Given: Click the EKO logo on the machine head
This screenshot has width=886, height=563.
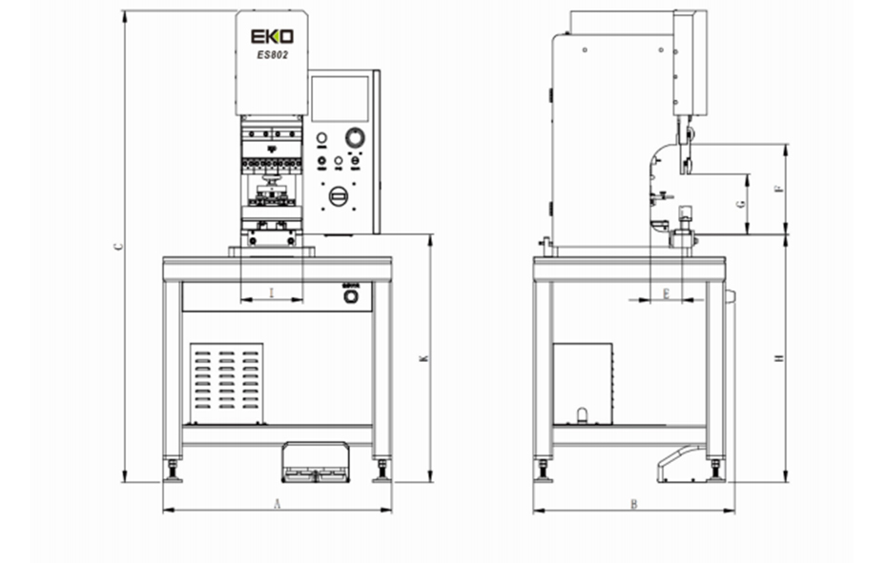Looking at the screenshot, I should pos(272,36).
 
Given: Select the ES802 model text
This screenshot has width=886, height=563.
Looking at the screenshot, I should pos(272,55).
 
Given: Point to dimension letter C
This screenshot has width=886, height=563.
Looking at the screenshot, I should pos(117,245).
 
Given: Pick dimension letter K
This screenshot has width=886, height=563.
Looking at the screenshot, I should pos(422,358).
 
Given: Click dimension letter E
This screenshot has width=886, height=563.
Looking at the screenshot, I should pos(666,292).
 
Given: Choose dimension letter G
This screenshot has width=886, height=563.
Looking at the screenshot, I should pos(740,204).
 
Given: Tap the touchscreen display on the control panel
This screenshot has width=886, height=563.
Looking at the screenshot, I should pos(340,98).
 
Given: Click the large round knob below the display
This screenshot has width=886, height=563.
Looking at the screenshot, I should pos(355,138).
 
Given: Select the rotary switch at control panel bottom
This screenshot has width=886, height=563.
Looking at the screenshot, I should pos(336,195).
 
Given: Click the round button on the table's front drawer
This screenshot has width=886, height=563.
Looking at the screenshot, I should pos(351,297).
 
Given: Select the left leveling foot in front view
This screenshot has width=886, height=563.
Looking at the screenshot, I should pos(173,471).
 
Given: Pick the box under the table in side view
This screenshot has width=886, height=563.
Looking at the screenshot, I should pos(585,384).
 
